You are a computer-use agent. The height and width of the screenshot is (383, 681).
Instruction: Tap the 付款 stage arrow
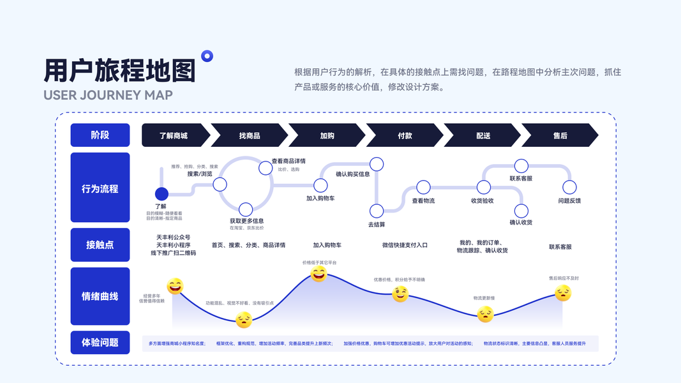(405, 135)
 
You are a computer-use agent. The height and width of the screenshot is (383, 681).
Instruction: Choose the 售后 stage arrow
(560, 135)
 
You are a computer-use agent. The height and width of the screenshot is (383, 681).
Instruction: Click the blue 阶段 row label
(100, 135)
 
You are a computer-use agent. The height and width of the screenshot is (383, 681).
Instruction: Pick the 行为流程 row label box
(100, 188)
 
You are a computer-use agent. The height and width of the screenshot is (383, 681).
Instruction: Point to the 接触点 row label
(100, 244)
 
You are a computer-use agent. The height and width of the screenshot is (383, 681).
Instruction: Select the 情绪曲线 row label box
(100, 296)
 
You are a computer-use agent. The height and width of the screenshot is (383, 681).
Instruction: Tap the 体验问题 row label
(100, 342)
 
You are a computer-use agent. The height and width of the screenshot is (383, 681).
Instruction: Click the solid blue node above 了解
(162, 193)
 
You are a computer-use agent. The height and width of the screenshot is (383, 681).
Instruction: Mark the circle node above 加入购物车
(320, 185)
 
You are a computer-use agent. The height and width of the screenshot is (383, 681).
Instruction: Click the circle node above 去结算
(377, 211)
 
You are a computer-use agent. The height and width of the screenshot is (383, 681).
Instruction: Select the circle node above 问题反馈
(569, 187)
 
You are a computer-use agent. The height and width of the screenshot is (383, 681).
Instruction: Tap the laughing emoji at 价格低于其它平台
(318, 274)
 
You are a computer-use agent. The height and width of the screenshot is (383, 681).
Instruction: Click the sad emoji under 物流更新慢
(486, 313)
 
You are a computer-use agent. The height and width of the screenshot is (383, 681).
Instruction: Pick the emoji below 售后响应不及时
(563, 293)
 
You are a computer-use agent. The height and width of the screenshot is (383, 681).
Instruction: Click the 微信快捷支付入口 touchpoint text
(405, 245)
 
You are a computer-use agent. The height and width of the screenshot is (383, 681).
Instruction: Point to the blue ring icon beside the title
(207, 56)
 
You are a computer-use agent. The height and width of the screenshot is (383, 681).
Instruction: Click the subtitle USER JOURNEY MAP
(108, 95)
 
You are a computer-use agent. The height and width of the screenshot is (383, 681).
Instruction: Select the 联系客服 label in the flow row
(521, 178)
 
